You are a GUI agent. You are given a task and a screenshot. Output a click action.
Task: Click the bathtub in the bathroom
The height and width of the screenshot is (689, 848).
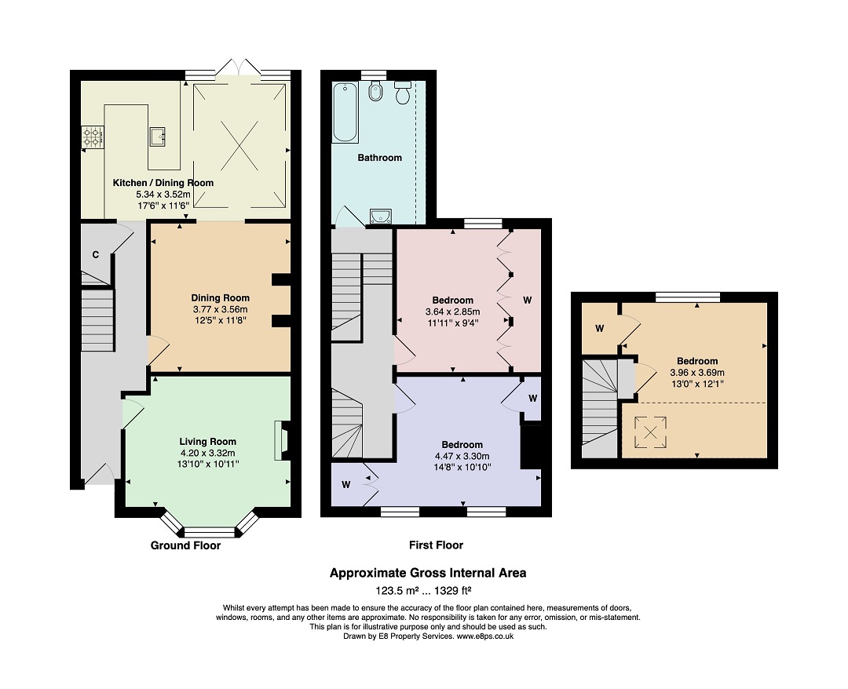[345, 113]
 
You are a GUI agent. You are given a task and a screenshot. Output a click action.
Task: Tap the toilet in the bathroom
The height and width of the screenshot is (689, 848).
[404, 93]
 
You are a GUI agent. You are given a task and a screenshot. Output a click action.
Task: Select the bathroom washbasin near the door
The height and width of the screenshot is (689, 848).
[382, 215]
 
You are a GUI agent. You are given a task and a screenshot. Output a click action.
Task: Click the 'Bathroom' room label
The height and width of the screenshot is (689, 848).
[379, 158]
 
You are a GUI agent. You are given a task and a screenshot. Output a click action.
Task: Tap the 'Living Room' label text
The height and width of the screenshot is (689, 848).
[207, 442]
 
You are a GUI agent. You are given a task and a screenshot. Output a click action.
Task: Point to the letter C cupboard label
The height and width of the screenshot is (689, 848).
[95, 254]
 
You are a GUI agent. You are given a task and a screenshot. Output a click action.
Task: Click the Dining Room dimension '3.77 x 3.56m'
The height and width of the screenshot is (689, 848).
[221, 309]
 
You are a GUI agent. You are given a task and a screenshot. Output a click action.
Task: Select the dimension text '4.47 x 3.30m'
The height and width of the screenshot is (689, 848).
[462, 456]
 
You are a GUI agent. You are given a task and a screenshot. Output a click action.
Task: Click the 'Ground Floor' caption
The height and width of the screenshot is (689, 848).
[185, 545]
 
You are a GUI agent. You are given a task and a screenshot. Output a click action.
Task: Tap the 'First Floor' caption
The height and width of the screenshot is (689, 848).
[436, 545]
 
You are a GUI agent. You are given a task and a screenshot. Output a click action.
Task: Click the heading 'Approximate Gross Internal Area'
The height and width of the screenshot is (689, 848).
[428, 573]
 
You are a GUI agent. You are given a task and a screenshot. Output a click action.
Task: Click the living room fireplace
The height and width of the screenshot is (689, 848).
[282, 440]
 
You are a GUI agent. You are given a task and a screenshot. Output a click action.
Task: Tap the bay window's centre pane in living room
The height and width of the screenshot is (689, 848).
[208, 532]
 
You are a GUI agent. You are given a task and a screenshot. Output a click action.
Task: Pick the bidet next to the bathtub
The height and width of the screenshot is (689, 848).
[374, 93]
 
